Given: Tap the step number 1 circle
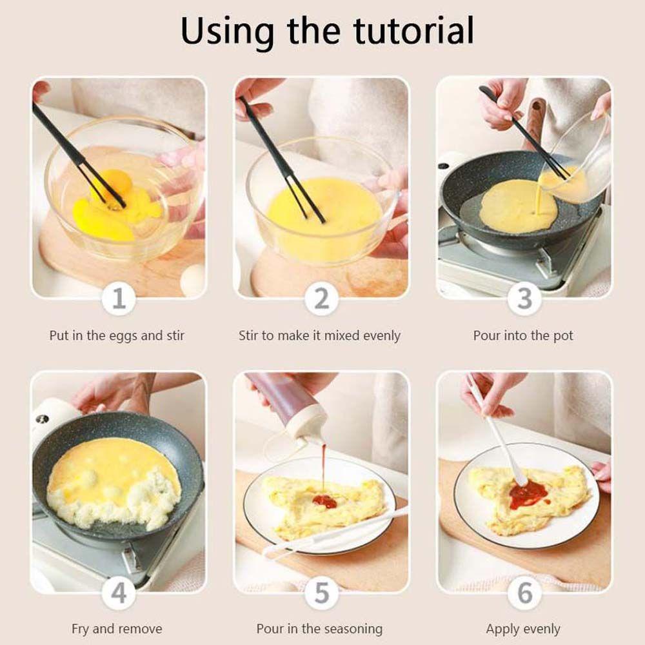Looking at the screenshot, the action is pyautogui.click(x=119, y=298).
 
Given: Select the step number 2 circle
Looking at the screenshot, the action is pyautogui.click(x=322, y=298).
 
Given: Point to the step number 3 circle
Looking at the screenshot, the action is pyautogui.click(x=524, y=298).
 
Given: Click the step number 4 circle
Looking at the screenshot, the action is pyautogui.click(x=119, y=593).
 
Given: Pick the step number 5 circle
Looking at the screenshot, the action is pyautogui.click(x=322, y=593).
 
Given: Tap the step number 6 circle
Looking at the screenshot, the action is pyautogui.click(x=524, y=593).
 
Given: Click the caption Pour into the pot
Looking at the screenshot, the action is pyautogui.click(x=523, y=335).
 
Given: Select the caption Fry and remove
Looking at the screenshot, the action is pyautogui.click(x=117, y=629).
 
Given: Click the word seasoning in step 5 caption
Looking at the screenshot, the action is pyautogui.click(x=351, y=630).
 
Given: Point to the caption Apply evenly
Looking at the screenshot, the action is pyautogui.click(x=523, y=630).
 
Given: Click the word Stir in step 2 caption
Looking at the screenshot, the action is pyautogui.click(x=248, y=335).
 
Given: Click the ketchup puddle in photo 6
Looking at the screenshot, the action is pyautogui.click(x=529, y=492).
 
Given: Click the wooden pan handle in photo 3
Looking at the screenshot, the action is pyautogui.click(x=535, y=120).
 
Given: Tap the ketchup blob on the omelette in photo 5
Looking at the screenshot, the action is pyautogui.click(x=324, y=501).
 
